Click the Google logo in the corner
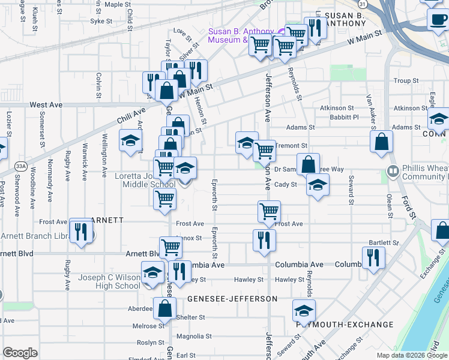(x=20, y=353)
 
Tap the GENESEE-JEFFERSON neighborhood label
(x=232, y=298)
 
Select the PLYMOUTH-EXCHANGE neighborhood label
(x=345, y=325)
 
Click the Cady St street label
(x=285, y=184)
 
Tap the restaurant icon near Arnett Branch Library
(x=81, y=230)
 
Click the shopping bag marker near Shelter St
(x=164, y=309)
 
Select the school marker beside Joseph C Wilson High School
(x=153, y=274)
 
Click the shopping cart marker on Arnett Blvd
(x=171, y=246)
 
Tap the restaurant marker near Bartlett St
(x=373, y=257)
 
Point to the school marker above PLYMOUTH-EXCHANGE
(x=304, y=311)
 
